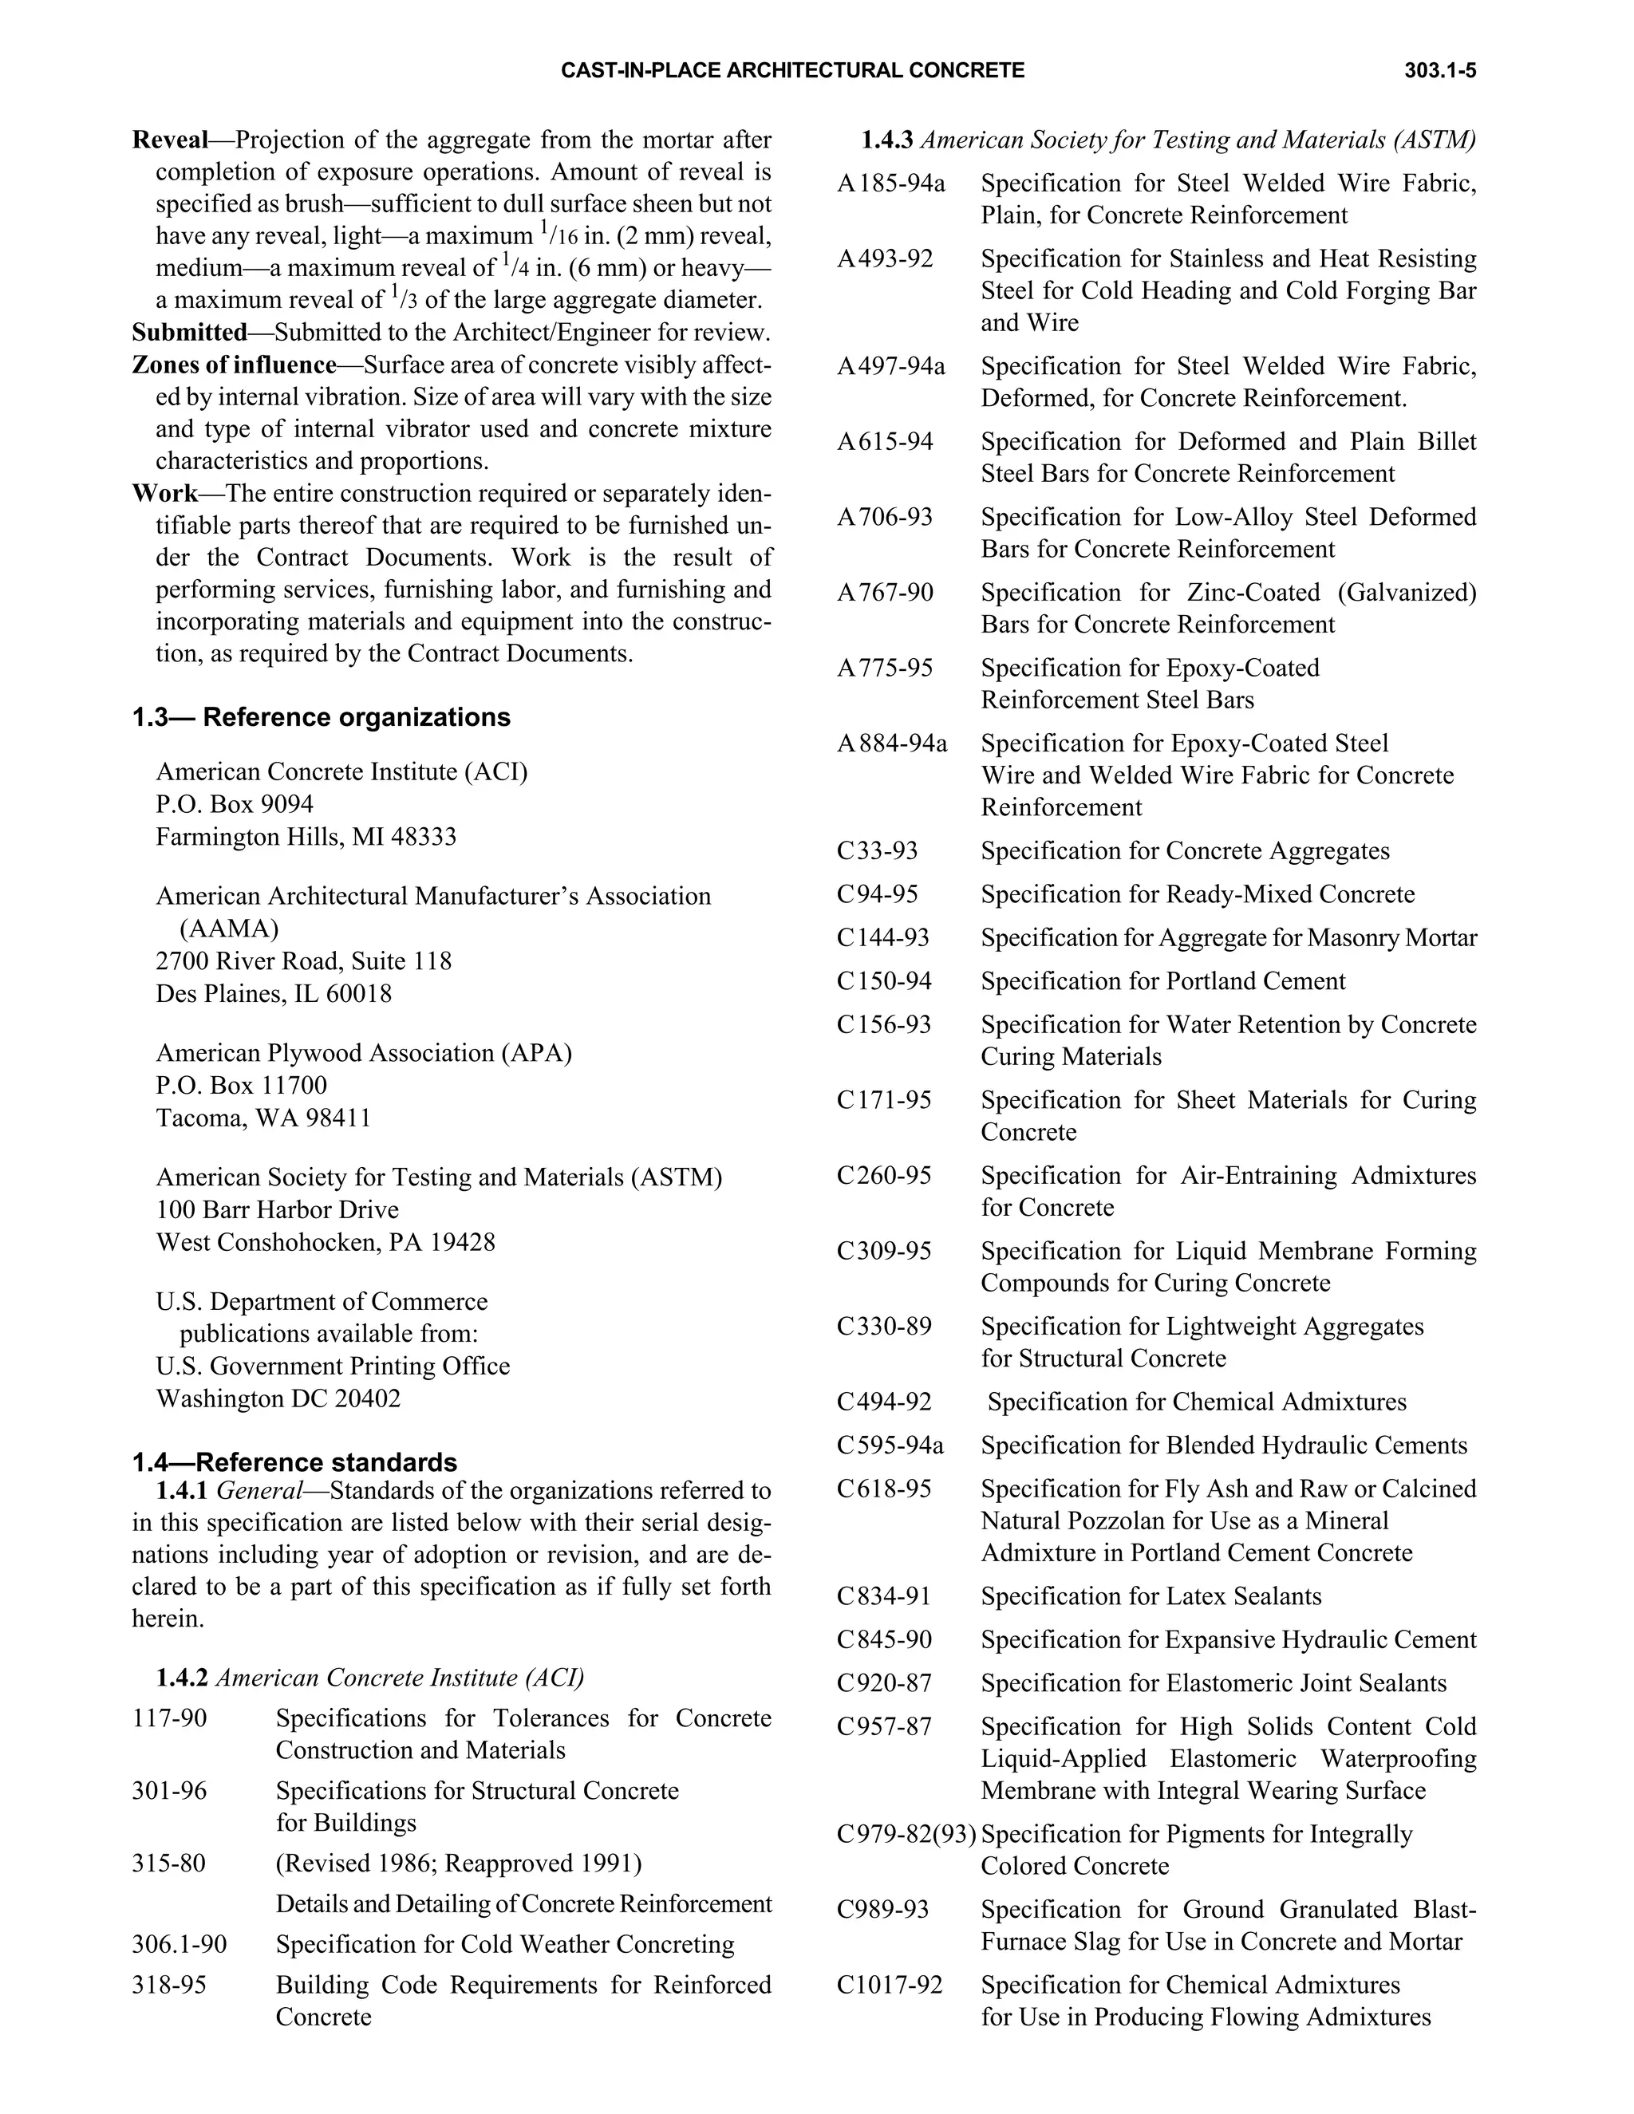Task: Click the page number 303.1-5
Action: pos(1439,71)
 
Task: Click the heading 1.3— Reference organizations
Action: pos(321,717)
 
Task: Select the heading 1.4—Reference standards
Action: pos(294,1461)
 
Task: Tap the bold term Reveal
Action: pos(171,140)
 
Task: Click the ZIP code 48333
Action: pos(423,836)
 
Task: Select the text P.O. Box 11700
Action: pos(241,1085)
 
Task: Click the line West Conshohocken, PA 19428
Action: pos(326,1242)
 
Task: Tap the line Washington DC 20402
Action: pos(278,1398)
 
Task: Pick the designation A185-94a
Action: pos(890,183)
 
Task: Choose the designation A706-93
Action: pos(885,517)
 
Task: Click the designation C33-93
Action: pos(877,851)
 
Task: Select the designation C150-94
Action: pos(884,980)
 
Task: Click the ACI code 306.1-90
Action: pos(179,1943)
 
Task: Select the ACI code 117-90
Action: pos(169,1718)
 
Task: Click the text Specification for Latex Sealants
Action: pos(1151,1596)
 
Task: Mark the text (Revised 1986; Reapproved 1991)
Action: pos(459,1863)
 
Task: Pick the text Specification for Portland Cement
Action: pos(1162,980)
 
